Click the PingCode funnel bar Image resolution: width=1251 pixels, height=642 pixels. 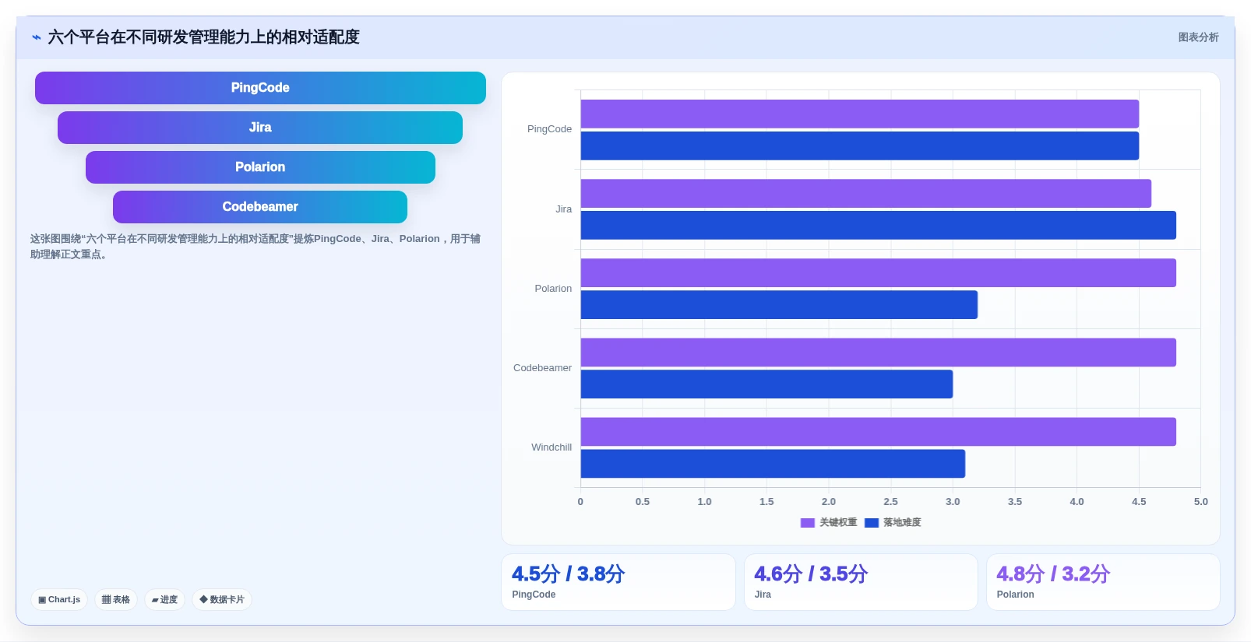(260, 88)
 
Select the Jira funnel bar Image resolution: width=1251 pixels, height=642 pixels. (260, 127)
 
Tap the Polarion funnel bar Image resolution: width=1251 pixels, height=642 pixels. (260, 167)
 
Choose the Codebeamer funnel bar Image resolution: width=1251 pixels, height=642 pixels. (260, 206)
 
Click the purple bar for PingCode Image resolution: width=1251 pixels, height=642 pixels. (859, 114)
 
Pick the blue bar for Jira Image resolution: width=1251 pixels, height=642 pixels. (879, 225)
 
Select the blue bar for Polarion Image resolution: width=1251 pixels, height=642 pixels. (779, 304)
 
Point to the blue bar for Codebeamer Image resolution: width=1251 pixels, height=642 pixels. (766, 384)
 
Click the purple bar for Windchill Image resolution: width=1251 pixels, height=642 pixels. (879, 432)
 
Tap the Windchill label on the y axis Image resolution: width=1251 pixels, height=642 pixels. (551, 447)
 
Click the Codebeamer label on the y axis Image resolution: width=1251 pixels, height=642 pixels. (542, 367)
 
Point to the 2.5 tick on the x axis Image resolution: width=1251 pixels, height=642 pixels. (891, 501)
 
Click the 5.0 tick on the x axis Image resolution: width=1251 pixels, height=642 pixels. (1200, 501)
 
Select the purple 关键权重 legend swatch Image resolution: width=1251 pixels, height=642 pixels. (808, 523)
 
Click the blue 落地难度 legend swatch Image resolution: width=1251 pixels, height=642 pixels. (872, 523)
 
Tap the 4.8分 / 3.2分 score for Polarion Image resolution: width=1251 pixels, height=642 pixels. (1052, 574)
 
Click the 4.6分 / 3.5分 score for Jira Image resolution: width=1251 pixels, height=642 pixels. (811, 574)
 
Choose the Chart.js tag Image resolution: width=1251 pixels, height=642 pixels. (59, 600)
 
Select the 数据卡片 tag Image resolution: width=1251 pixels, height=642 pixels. (222, 600)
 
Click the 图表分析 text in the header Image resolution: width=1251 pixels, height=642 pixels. (1199, 37)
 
